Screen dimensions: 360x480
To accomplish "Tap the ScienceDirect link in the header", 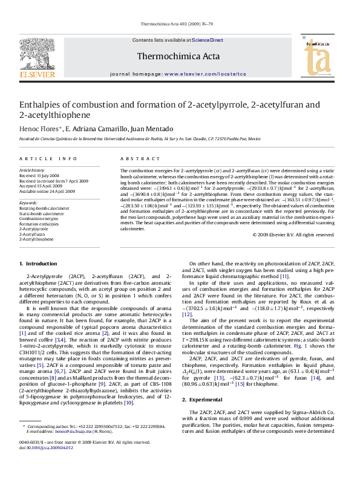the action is [208, 40].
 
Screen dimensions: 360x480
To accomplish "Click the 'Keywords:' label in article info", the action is [28, 203].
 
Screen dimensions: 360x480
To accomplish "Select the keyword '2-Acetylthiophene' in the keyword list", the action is [36, 239].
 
